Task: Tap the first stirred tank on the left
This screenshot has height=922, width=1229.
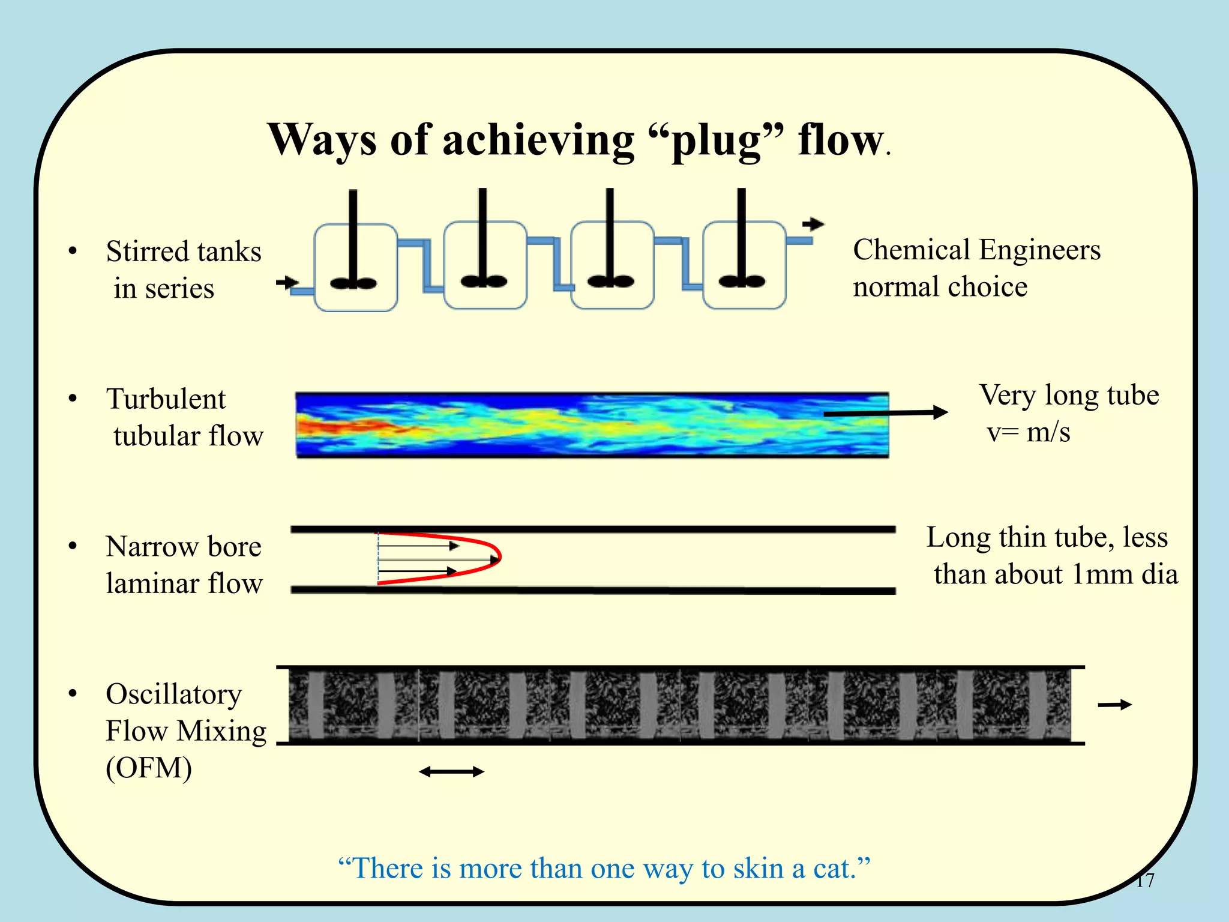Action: (356, 268)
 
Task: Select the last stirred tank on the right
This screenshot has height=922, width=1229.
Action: (744, 265)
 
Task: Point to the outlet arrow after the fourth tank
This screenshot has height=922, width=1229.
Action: (814, 224)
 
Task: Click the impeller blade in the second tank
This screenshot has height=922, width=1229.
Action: (484, 281)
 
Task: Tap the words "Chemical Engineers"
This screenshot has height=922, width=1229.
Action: (976, 250)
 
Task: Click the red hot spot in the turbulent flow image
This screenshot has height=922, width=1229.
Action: (336, 427)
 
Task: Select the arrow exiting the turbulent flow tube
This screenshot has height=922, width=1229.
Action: (886, 413)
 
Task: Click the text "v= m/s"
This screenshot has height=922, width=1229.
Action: (1029, 432)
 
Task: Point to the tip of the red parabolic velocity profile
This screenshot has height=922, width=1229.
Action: (499, 558)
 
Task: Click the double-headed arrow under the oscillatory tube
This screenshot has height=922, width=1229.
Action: (451, 772)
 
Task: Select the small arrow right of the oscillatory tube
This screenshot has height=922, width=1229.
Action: (1114, 705)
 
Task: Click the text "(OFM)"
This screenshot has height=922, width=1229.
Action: (149, 768)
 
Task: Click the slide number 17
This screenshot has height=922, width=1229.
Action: (1144, 880)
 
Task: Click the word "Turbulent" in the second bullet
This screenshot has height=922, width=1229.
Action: (166, 399)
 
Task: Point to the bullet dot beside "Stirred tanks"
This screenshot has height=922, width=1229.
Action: (73, 251)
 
